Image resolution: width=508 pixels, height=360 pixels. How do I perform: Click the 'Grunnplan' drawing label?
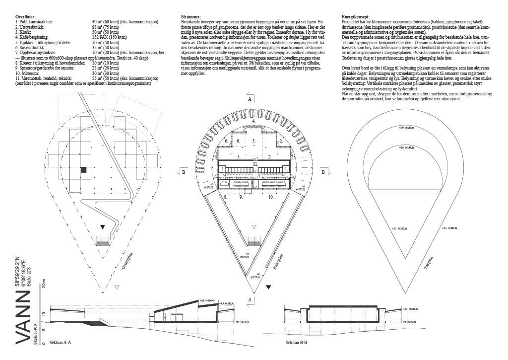(127, 259)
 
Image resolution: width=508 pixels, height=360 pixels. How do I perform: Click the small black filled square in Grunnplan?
(84, 170)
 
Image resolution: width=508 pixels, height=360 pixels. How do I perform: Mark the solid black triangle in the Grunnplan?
(103, 227)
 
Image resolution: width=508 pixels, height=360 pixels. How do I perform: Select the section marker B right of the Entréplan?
(323, 172)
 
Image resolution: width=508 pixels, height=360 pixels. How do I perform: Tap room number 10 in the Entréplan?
(270, 197)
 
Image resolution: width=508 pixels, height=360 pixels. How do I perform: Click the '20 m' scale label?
(43, 285)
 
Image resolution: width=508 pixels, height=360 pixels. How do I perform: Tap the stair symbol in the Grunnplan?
(103, 241)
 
